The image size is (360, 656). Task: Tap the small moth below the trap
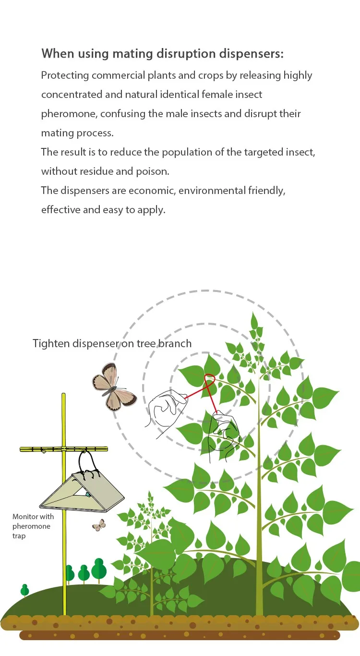pos(99,525)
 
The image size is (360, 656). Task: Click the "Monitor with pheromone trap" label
pos(33,526)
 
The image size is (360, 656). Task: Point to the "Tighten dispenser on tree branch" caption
pos(112,343)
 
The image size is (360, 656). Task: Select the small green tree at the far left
pos(25,589)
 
